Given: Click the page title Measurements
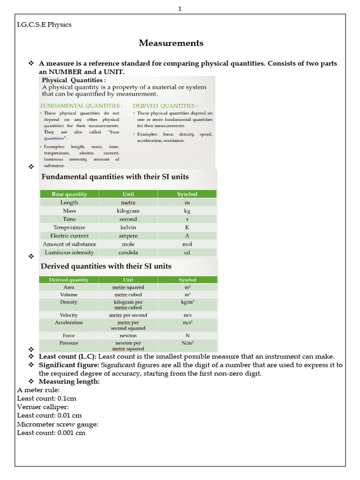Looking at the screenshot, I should (x=171, y=43).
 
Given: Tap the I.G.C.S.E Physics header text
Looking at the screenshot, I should (x=44, y=24).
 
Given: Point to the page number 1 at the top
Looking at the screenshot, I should (x=180, y=8).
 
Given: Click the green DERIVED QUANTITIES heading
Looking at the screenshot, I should (x=165, y=105).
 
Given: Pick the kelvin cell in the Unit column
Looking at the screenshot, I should (x=128, y=227).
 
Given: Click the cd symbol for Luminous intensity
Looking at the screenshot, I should (x=187, y=253).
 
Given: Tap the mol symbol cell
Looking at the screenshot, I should (x=187, y=244).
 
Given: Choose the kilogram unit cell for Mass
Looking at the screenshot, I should (x=128, y=211).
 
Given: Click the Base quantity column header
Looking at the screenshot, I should (x=69, y=194).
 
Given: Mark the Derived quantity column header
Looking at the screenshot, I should (x=68, y=280).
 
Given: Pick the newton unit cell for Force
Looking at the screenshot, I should (x=128, y=336).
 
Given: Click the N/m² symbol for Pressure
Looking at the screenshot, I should (x=187, y=343).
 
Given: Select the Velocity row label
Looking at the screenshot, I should (x=69, y=315).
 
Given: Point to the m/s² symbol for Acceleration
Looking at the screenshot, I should (x=187, y=323).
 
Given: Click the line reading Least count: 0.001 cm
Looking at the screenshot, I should (x=51, y=433).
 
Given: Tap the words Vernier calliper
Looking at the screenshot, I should (x=43, y=407).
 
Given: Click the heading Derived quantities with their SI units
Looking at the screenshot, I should (x=106, y=266).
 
